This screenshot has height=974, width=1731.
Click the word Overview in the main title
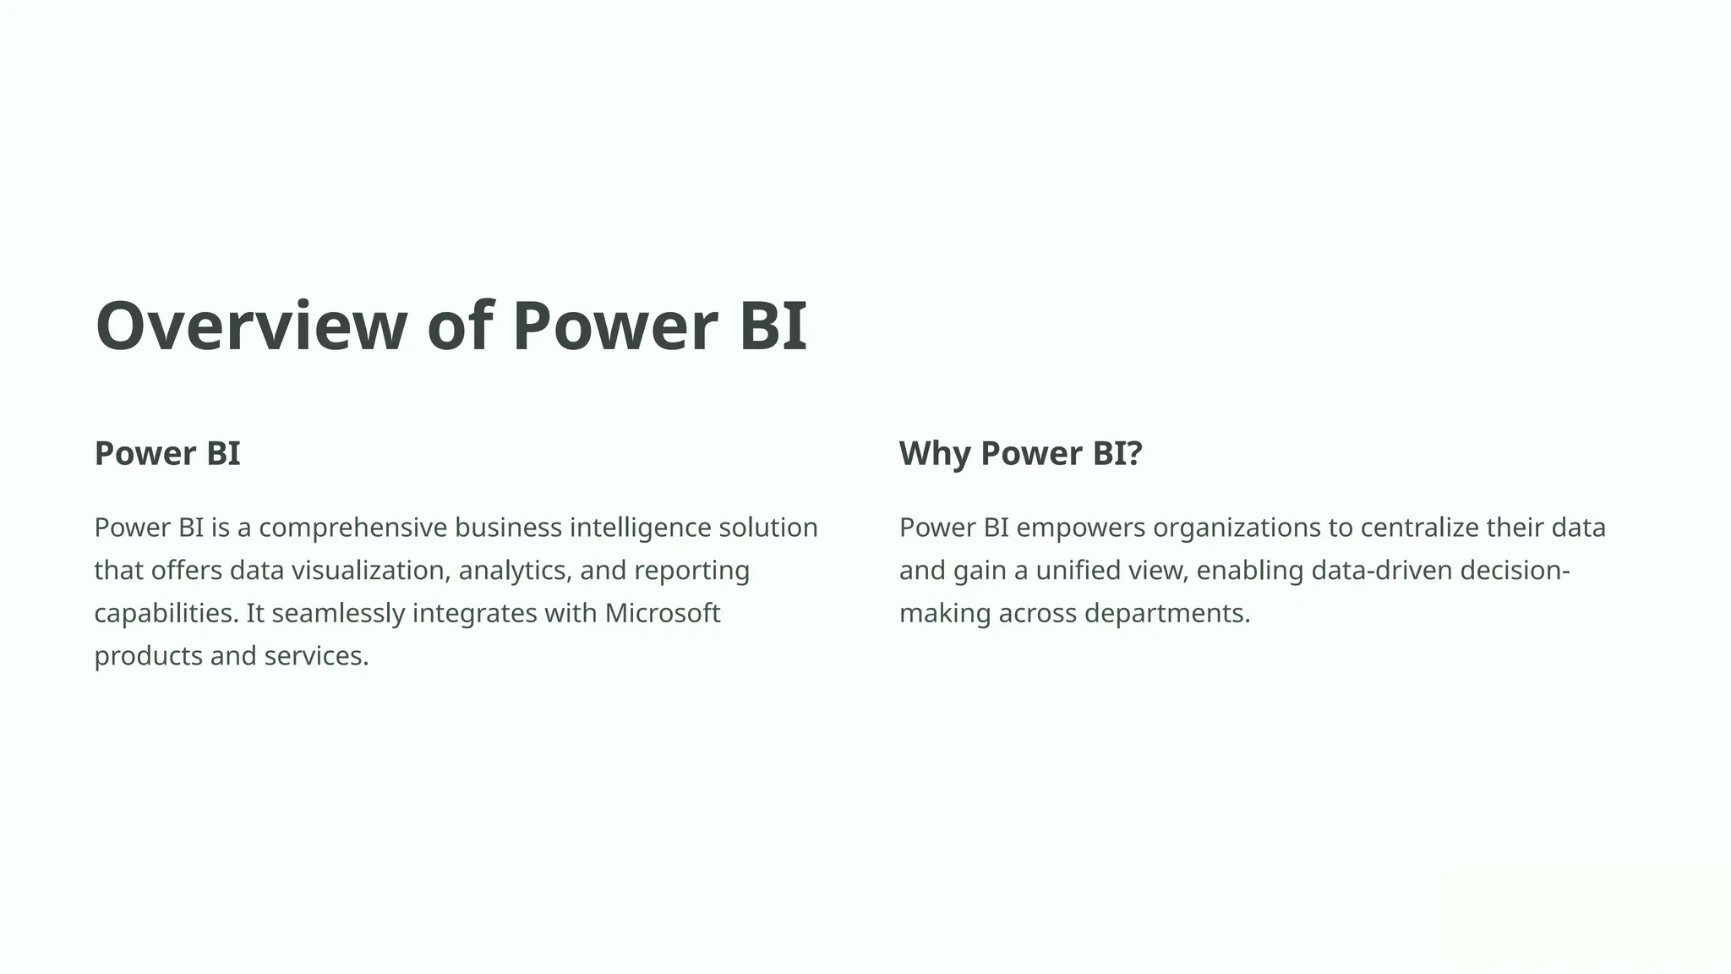pyautogui.click(x=251, y=326)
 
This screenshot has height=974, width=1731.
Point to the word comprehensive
pyautogui.click(x=352, y=528)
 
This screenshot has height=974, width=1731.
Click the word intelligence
pyautogui.click(x=640, y=528)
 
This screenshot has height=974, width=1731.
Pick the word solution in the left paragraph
pyautogui.click(x=768, y=528)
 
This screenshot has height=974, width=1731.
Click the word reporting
pyautogui.click(x=691, y=571)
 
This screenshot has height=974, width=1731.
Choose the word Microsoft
pyautogui.click(x=663, y=613)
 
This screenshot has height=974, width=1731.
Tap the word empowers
pyautogui.click(x=1080, y=528)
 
